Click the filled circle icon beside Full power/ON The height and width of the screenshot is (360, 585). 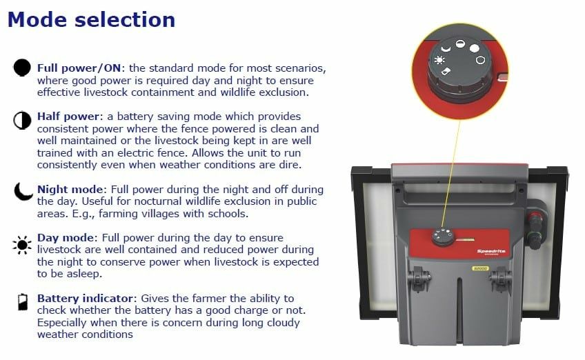point(22,68)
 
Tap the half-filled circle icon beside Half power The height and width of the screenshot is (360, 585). point(22,120)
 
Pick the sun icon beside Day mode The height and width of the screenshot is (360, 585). point(22,245)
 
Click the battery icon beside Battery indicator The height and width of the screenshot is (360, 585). point(23,302)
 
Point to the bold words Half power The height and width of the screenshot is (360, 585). point(68,117)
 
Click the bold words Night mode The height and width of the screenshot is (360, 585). point(70,189)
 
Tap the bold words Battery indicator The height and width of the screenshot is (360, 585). point(85,299)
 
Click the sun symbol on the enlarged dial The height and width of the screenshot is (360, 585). point(439,60)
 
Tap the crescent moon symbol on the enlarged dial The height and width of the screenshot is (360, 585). point(446,48)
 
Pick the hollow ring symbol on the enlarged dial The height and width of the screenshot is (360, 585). point(480,60)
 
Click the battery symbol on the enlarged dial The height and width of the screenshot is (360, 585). point(446,71)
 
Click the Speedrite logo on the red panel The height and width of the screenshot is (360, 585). point(491,252)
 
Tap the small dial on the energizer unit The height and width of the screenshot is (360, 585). point(443,237)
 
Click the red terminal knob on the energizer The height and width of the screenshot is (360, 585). point(535,217)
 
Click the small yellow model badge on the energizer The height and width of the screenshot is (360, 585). point(479,268)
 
